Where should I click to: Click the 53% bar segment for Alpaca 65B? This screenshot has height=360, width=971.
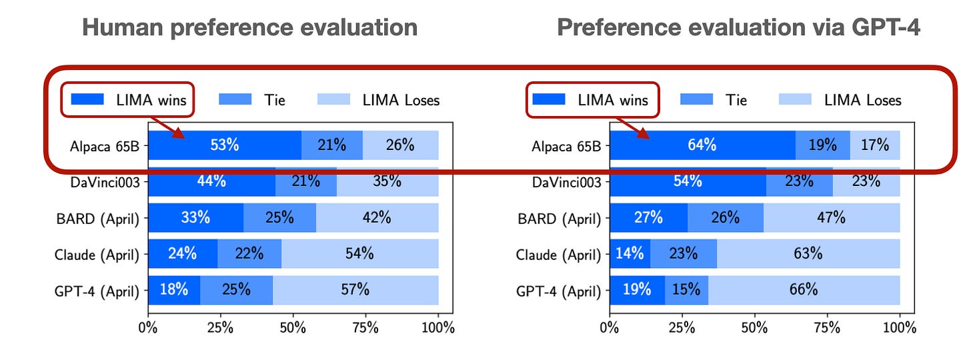[225, 145]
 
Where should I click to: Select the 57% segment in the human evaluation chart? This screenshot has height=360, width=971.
[355, 289]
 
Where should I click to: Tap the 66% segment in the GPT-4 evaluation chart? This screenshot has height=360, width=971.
[804, 289]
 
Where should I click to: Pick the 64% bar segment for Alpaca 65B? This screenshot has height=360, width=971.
[702, 145]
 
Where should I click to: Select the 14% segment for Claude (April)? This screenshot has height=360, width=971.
[630, 253]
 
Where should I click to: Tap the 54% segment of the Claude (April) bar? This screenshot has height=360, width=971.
[360, 253]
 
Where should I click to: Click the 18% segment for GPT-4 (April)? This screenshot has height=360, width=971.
[173, 289]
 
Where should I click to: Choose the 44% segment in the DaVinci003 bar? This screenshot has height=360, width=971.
[211, 181]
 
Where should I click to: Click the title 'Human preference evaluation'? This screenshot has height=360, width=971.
[249, 28]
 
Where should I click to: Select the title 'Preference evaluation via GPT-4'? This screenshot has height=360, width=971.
[738, 28]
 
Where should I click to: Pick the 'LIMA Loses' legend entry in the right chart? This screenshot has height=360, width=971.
[840, 100]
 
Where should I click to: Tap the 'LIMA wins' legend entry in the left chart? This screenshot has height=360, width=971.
[127, 100]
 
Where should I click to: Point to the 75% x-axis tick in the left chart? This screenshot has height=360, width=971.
[365, 327]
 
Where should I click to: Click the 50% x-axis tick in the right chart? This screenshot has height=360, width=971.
[755, 327]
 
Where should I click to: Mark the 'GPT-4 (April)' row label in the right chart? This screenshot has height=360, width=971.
[559, 290]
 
